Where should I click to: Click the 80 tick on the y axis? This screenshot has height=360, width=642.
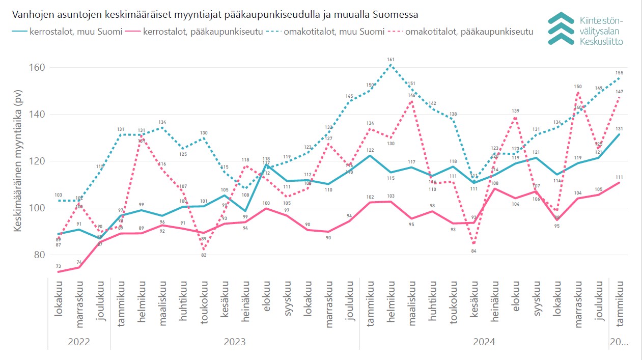(41, 255)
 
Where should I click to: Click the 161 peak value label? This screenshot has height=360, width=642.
(391, 59)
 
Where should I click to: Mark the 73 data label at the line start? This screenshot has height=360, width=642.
(59, 266)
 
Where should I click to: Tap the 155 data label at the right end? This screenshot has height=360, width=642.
(620, 73)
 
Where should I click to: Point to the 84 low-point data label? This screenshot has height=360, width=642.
(473, 251)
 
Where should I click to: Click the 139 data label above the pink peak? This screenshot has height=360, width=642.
(515, 110)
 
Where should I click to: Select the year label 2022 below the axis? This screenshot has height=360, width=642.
(79, 341)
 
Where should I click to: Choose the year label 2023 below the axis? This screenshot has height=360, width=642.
(235, 341)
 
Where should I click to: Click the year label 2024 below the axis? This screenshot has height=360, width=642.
(484, 341)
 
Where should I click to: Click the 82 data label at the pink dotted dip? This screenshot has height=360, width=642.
(204, 255)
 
